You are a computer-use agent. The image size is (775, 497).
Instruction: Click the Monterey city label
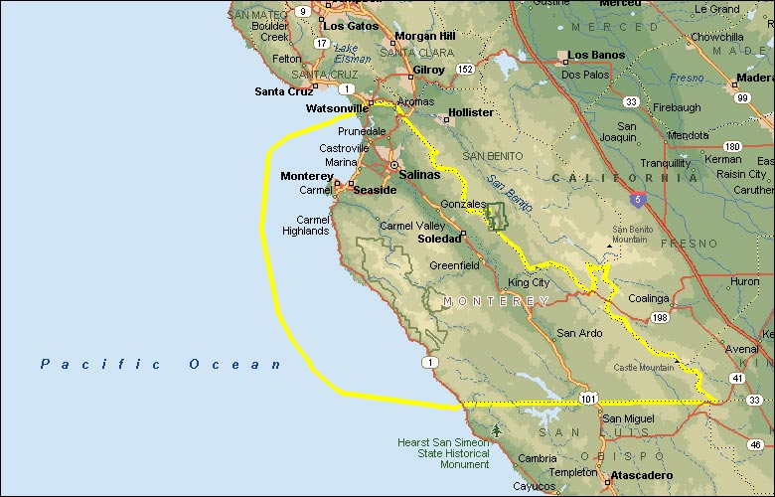(307, 176)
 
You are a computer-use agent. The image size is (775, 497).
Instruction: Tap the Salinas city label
(419, 174)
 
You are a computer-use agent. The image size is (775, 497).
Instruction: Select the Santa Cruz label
(284, 91)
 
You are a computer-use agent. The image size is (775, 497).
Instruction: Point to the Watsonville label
(337, 108)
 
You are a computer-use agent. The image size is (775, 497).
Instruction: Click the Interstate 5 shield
(637, 200)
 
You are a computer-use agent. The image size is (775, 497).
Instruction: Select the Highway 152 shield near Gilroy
(464, 69)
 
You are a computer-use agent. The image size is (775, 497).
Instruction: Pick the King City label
(529, 282)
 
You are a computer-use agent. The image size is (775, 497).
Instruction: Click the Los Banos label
(596, 55)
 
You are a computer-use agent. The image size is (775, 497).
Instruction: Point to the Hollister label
(471, 112)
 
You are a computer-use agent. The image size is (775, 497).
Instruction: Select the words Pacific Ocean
(161, 365)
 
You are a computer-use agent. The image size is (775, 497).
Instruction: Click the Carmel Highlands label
(305, 225)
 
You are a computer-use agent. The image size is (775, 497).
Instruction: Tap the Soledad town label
(439, 239)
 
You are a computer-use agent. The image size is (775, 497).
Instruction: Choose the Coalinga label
(647, 298)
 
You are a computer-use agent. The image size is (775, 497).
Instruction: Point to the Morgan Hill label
(424, 36)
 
